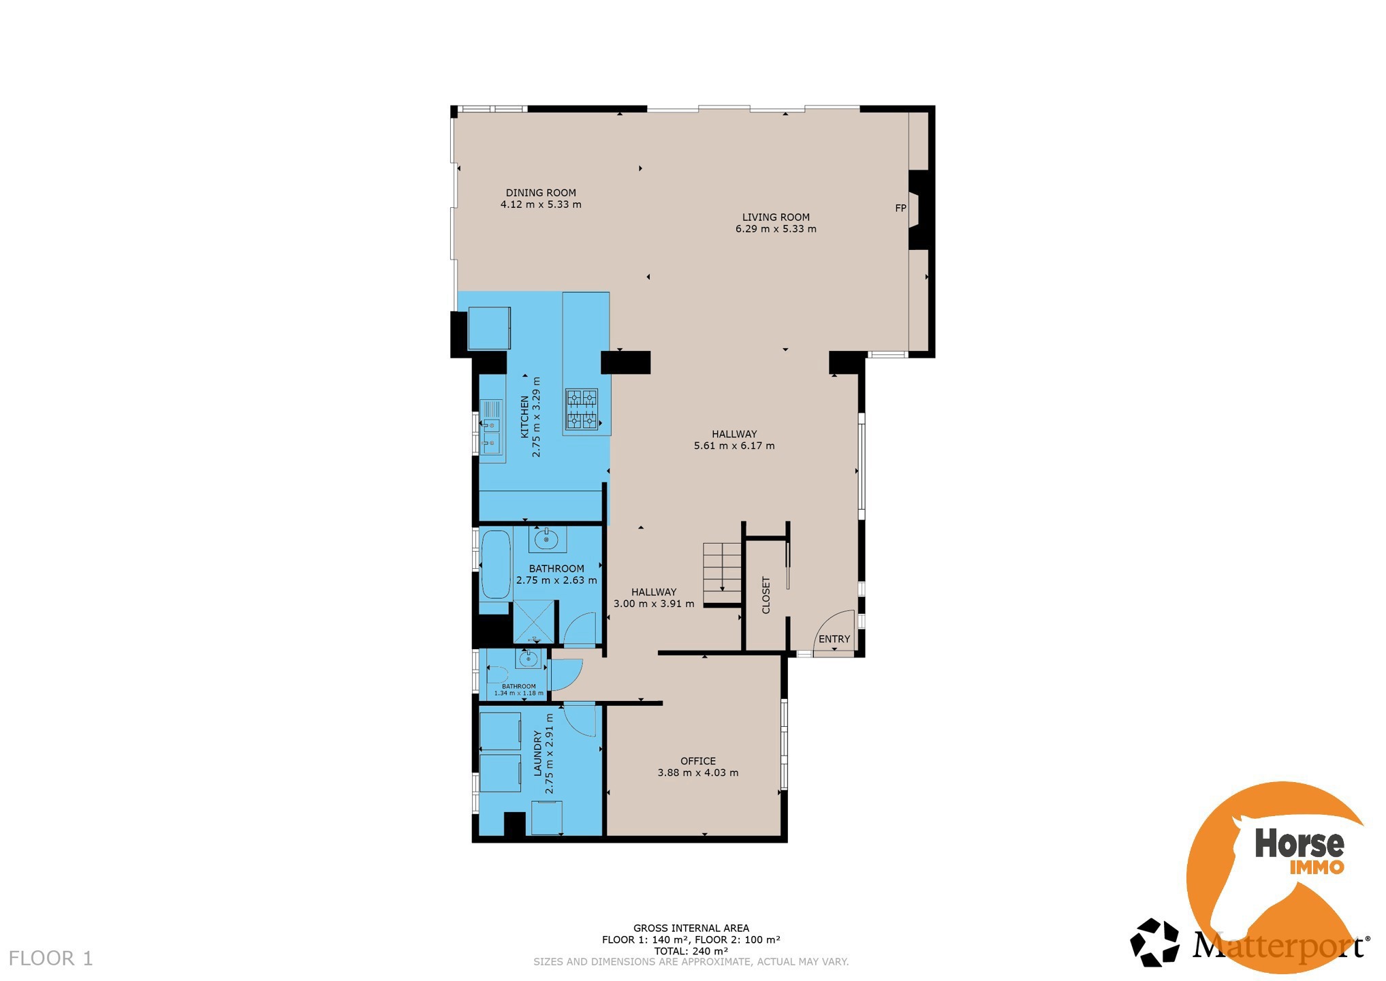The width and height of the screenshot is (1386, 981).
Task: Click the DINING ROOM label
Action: pos(540,193)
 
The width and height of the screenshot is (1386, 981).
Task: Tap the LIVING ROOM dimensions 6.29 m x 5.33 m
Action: pos(775,229)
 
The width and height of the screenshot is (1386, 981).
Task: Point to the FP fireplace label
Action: pos(900,208)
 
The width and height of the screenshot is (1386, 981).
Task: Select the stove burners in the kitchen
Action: pos(582,409)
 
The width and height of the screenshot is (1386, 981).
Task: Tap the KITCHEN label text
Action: pos(524,417)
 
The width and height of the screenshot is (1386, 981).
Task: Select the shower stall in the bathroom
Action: pos(534,621)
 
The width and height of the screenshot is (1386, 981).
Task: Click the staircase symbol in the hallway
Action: pos(722,568)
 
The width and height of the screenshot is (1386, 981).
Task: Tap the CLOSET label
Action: pos(766,595)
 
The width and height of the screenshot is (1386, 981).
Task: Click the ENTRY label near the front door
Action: pos(834,639)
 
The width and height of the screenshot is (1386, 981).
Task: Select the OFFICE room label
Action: pos(697,761)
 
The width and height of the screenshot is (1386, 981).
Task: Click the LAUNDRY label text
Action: pos(537,753)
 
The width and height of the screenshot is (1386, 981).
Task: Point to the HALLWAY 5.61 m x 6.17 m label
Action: pos(734,439)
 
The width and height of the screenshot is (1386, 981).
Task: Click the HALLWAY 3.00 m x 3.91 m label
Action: pos(653,597)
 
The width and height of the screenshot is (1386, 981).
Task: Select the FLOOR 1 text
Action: pos(50,959)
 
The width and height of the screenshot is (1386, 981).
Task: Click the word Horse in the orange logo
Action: pos(1299,843)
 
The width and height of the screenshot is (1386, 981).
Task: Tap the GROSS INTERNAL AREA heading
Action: pos(691,928)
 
